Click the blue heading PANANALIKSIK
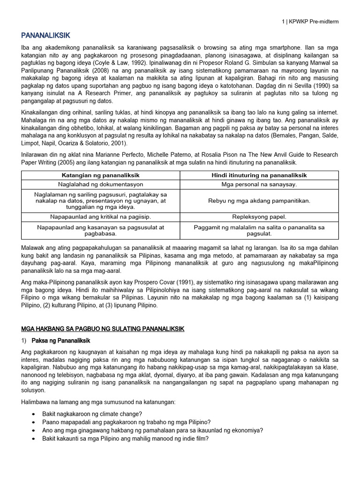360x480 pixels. coord(45,35)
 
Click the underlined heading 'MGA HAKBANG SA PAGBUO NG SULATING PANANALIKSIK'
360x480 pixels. coord(103,329)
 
